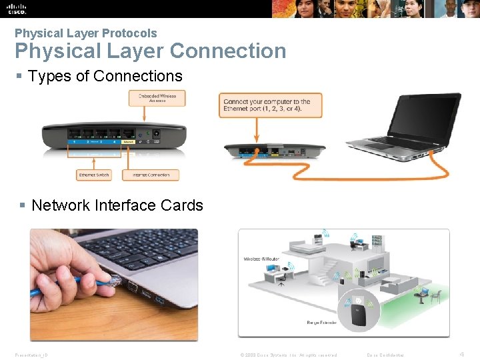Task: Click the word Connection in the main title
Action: [x=228, y=51]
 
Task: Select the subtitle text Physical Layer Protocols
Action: [x=86, y=33]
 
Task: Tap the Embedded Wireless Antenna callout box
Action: [x=157, y=98]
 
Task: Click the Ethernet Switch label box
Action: [x=94, y=175]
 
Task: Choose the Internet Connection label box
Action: [x=150, y=175]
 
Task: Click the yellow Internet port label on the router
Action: [x=129, y=141]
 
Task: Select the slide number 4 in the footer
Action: [x=463, y=354]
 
